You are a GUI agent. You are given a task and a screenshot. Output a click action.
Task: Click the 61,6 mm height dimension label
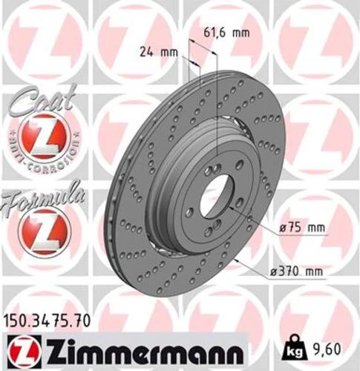pyautogui.click(x=226, y=33)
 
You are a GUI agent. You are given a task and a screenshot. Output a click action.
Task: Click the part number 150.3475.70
pyautogui.click(x=49, y=322)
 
